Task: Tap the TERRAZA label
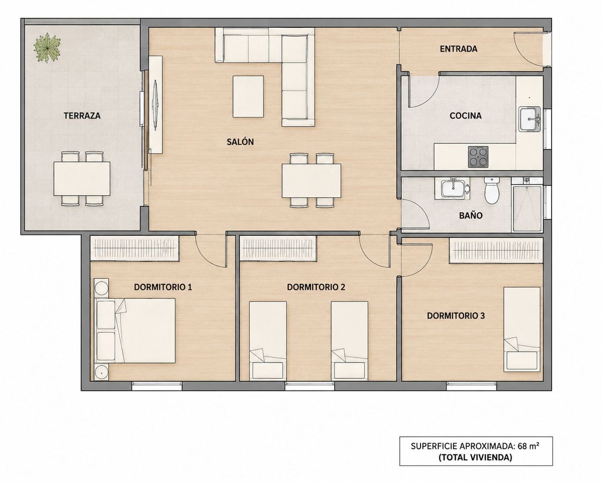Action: pyautogui.click(x=82, y=116)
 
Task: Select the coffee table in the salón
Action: pyautogui.click(x=248, y=96)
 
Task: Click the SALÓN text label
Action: pyautogui.click(x=240, y=142)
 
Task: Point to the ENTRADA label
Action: pyautogui.click(x=458, y=49)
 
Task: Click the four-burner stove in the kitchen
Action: pyautogui.click(x=478, y=157)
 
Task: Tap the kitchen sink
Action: pyautogui.click(x=530, y=119)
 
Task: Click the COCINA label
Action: pyautogui.click(x=466, y=116)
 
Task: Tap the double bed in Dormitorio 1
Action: pyautogui.click(x=136, y=331)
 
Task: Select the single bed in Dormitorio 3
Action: pyautogui.click(x=522, y=329)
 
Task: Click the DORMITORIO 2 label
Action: pyautogui.click(x=316, y=287)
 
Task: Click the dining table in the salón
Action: pyautogui.click(x=311, y=181)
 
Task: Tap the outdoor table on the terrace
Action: pyautogui.click(x=82, y=178)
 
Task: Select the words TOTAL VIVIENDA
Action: pyautogui.click(x=476, y=457)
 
